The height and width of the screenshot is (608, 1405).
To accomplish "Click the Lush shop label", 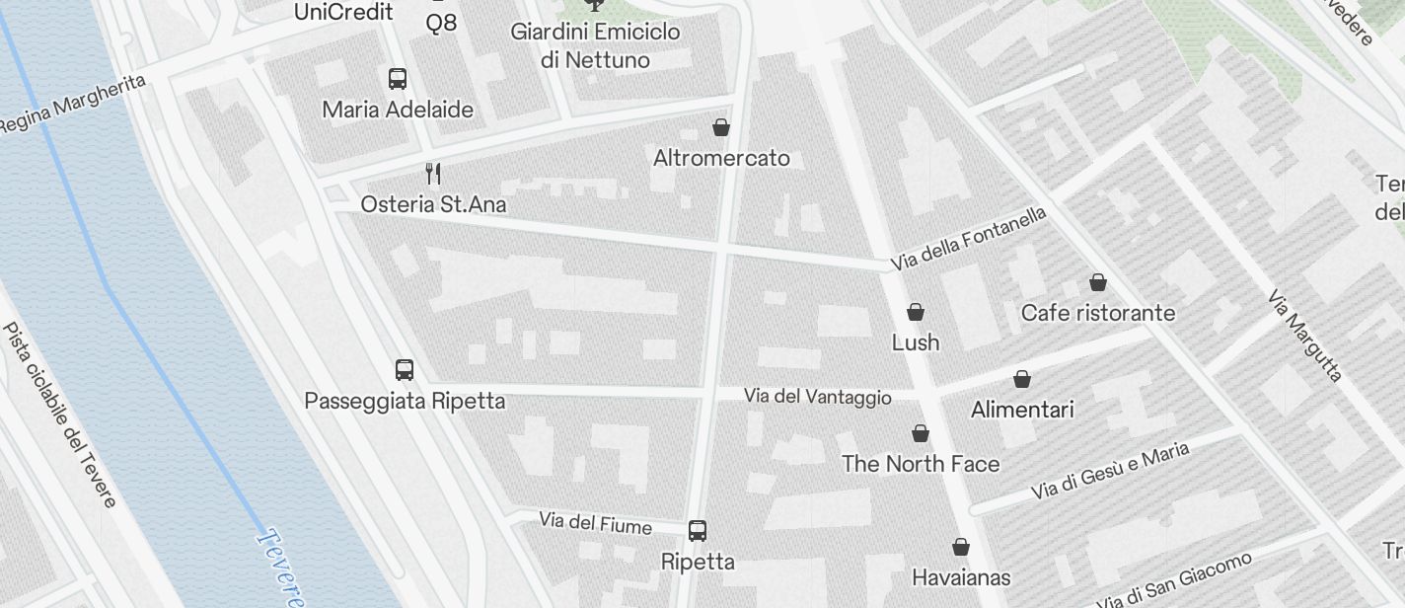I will (916, 342).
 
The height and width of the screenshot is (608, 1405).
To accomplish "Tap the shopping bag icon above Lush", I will (916, 313).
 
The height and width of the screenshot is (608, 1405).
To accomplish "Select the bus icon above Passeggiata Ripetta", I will (404, 370).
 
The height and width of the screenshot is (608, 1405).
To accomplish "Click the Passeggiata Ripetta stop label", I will (405, 401).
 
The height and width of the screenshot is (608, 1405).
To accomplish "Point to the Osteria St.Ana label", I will (433, 204).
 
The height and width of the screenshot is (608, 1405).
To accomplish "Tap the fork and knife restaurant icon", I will (432, 174).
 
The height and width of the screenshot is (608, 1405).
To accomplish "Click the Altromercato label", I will (721, 158).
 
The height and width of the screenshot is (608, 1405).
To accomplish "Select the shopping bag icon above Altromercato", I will (721, 127).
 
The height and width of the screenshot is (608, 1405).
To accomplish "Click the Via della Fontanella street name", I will (968, 239).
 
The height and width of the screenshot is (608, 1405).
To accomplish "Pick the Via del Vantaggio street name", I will (817, 397).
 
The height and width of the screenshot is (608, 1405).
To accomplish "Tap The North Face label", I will (920, 464).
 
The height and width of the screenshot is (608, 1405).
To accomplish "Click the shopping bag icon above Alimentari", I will (1022, 379).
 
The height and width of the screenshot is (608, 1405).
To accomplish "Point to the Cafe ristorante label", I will (1098, 313).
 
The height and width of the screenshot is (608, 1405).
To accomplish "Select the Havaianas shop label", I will (961, 576).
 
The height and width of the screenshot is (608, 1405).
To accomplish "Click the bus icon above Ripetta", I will (698, 531).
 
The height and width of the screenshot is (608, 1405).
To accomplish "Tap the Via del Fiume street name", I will (595, 522).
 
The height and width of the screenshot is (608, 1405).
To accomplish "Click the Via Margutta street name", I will (1305, 336).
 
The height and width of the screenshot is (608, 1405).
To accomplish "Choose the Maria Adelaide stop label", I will (398, 110).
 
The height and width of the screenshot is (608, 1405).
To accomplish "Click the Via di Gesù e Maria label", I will (1109, 471).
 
